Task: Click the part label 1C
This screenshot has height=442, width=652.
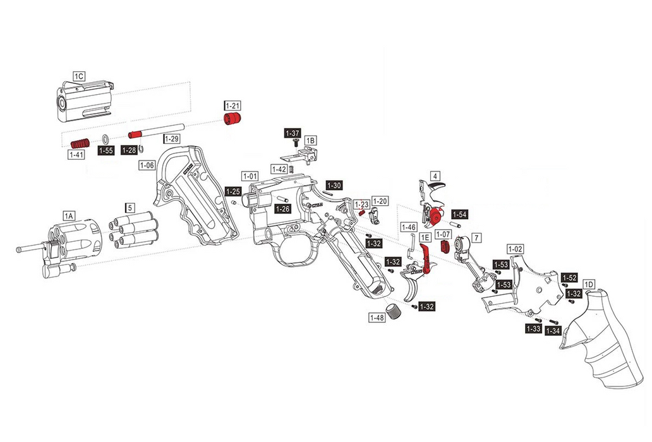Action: pyautogui.click(x=79, y=76)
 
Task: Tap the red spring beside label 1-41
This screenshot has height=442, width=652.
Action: pyautogui.click(x=80, y=141)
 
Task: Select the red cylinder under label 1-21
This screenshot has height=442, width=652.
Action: pyautogui.click(x=234, y=119)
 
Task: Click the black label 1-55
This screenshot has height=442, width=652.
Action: pyautogui.click(x=106, y=151)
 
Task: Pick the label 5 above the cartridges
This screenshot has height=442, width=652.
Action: pyautogui.click(x=130, y=207)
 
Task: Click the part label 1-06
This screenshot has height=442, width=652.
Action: pyautogui.click(x=147, y=165)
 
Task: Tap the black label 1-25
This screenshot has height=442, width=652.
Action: pyautogui.click(x=233, y=191)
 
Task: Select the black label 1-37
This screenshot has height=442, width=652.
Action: pyautogui.click(x=293, y=134)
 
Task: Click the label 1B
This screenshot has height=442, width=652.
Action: pyautogui.click(x=310, y=140)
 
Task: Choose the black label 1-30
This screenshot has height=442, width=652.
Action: pyautogui.click(x=334, y=186)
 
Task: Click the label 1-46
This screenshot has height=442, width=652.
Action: pyautogui.click(x=409, y=227)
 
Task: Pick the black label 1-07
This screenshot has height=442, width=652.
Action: pyautogui.click(x=442, y=234)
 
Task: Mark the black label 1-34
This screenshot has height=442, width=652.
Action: pyautogui.click(x=553, y=330)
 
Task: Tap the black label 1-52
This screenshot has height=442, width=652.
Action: pyautogui.click(x=570, y=278)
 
